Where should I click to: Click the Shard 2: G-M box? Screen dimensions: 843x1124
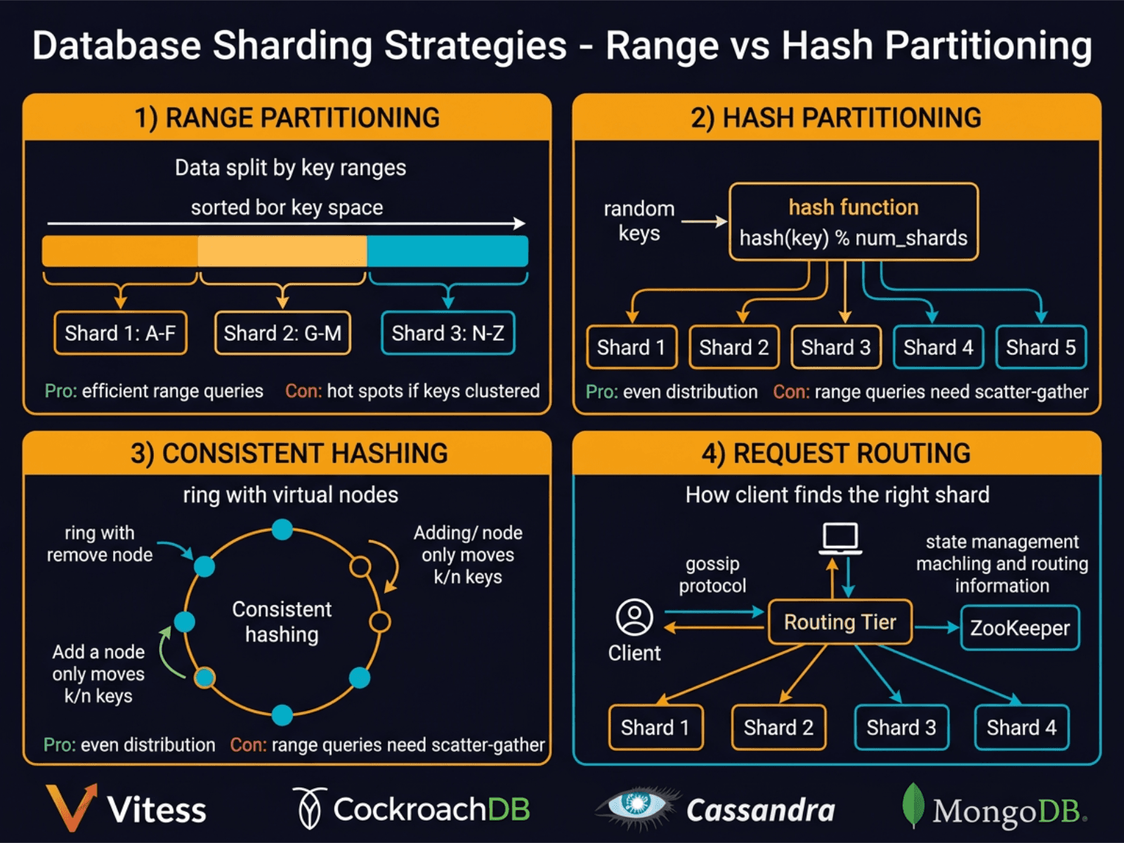pos(282,333)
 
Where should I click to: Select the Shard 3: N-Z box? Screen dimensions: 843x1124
pos(447,333)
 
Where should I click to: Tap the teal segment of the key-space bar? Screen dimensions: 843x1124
pos(447,251)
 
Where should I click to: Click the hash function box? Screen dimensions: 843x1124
pos(854,222)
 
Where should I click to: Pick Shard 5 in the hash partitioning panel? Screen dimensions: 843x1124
pos(1040,347)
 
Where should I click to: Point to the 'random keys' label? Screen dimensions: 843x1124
pos(639,221)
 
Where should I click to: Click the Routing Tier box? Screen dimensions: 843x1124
pos(840,622)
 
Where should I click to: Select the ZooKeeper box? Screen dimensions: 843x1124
pos(1019,628)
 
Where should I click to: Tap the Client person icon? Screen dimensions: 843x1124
pos(634,617)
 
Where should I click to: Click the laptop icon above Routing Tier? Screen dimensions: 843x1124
pos(841,539)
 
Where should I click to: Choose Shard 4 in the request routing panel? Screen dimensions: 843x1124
pos(1021,728)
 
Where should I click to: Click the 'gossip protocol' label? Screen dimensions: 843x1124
pos(712,575)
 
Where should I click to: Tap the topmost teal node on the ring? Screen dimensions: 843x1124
pos(282,529)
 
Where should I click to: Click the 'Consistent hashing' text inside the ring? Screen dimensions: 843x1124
pos(282,622)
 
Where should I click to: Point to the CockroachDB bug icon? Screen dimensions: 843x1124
pos(309,808)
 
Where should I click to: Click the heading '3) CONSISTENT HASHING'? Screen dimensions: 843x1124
pos(289,454)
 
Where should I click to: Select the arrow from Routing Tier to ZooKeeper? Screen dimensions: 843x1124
pos(936,627)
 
